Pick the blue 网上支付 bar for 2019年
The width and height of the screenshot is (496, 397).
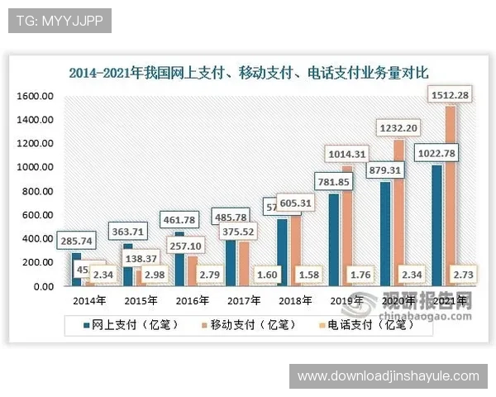pyautogui.click(x=334, y=240)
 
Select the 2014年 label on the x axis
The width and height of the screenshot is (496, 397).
pyautogui.click(x=88, y=301)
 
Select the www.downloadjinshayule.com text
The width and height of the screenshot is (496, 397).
pyautogui.click(x=388, y=376)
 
